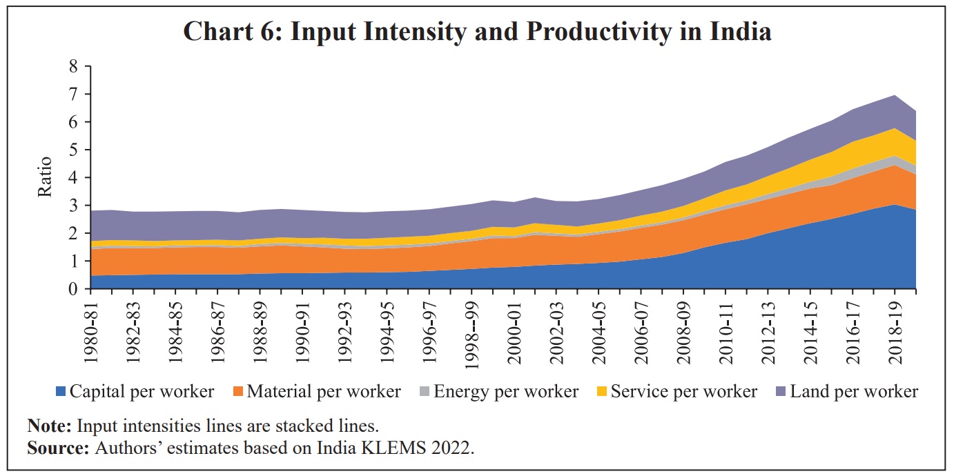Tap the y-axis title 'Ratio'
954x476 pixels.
[46, 178]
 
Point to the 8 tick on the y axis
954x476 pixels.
[73, 66]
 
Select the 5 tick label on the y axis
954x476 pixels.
[73, 150]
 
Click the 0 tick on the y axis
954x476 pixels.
[73, 289]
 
